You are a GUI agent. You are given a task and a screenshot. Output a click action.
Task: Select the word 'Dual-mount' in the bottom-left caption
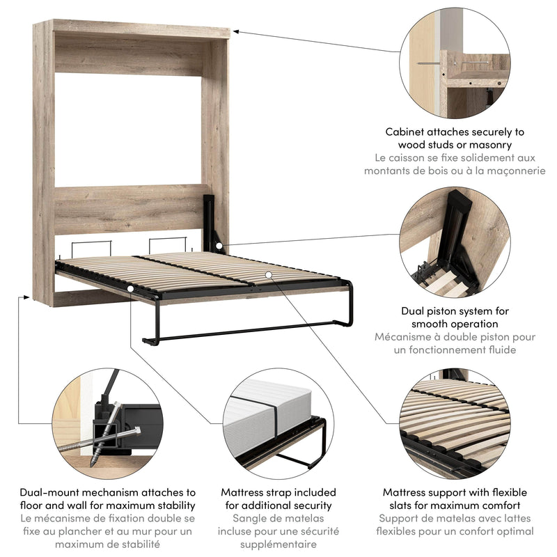pyautogui.click(x=48, y=492)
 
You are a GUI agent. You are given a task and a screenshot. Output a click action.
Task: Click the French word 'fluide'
pyautogui.click(x=500, y=350)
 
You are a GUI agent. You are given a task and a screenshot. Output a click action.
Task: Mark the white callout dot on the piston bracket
pyautogui.click(x=220, y=246)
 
